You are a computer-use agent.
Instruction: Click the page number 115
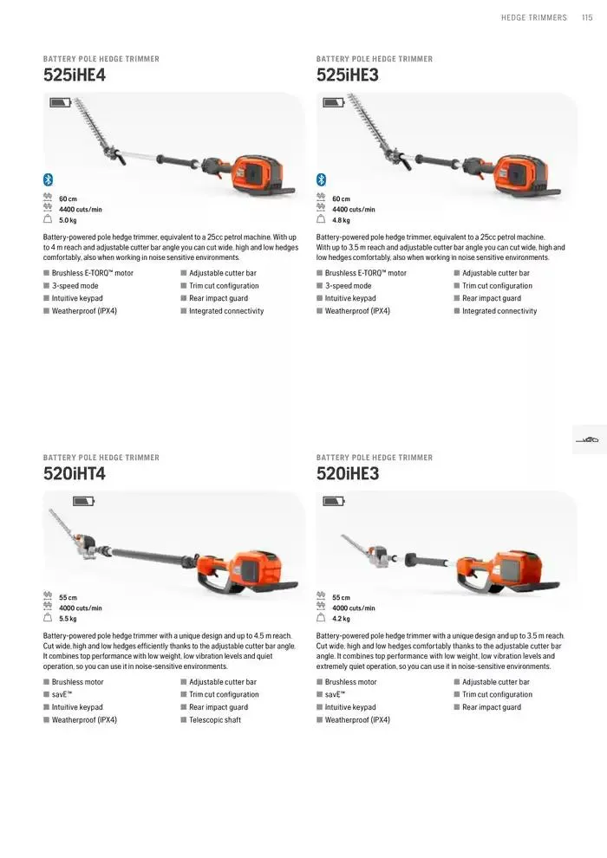pyautogui.click(x=587, y=17)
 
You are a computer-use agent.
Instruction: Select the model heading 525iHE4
pyautogui.click(x=75, y=75)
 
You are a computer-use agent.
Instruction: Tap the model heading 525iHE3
pyautogui.click(x=348, y=75)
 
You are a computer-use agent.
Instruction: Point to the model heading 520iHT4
pyautogui.click(x=75, y=474)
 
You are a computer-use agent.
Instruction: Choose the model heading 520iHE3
pyautogui.click(x=348, y=474)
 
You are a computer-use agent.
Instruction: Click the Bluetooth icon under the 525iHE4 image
pyautogui.click(x=49, y=179)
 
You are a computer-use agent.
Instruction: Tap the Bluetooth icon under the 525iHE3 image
pyautogui.click(x=321, y=179)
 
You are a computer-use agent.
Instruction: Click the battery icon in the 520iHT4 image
pyautogui.click(x=84, y=501)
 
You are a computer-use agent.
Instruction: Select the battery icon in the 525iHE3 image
pyautogui.click(x=333, y=102)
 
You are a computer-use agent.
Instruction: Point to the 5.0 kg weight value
pyautogui.click(x=68, y=220)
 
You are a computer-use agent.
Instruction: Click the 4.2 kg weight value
pyautogui.click(x=341, y=619)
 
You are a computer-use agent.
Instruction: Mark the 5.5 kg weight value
pyautogui.click(x=68, y=619)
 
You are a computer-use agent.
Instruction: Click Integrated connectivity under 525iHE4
pyautogui.click(x=225, y=311)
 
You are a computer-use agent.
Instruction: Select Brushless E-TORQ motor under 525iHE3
pyautogui.click(x=365, y=273)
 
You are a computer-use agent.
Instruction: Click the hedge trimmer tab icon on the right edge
pyautogui.click(x=588, y=440)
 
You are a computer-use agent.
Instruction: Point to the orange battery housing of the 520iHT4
pyautogui.click(x=260, y=572)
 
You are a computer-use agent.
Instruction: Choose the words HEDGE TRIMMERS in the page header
pyautogui.click(x=533, y=17)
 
